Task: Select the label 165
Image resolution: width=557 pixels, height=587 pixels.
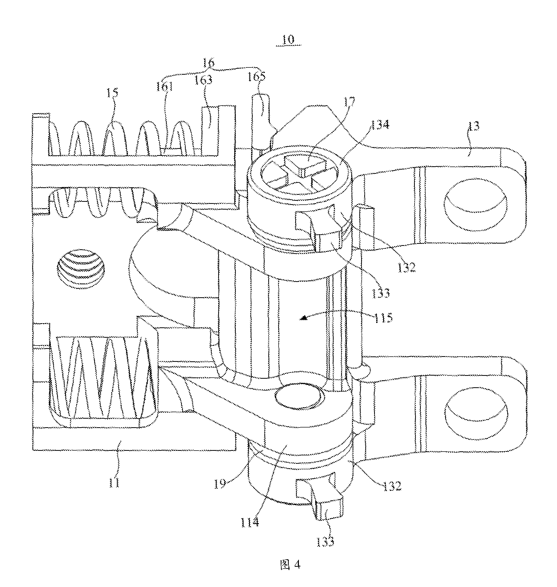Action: pyautogui.click(x=256, y=77)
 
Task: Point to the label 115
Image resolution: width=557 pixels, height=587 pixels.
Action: pyautogui.click(x=383, y=317)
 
